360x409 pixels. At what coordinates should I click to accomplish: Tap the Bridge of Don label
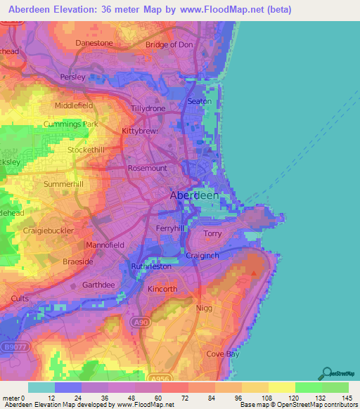pos(168,45)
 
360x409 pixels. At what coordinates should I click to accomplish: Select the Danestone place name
pos(94,43)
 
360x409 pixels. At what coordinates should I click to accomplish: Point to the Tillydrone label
pos(148,108)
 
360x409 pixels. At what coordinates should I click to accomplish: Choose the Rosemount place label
pos(148,169)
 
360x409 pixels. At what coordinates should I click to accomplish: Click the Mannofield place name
pos(104,245)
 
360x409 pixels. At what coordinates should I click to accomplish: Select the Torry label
pos(212,233)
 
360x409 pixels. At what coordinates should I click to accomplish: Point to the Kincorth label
pos(162,289)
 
